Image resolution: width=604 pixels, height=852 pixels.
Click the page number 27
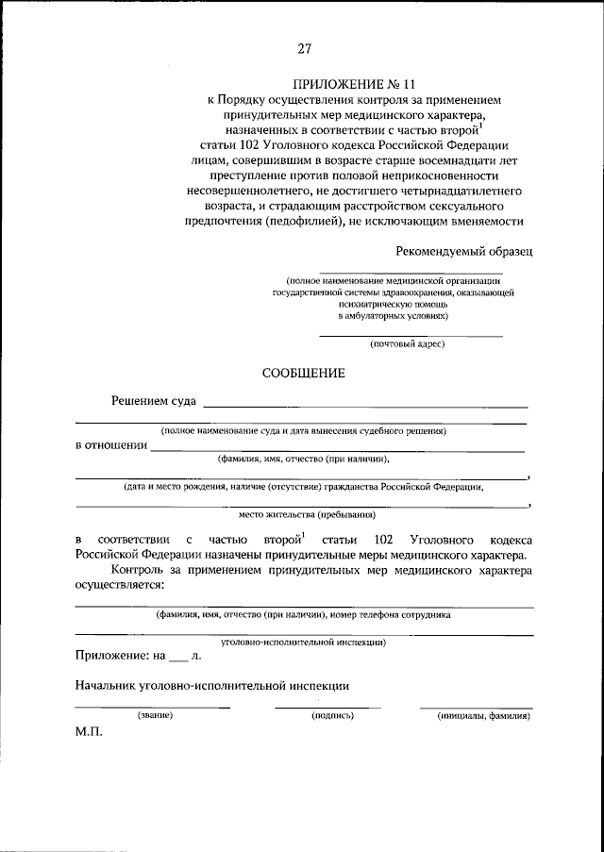coord(304,49)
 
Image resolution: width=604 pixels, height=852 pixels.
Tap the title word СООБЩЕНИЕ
coord(303,374)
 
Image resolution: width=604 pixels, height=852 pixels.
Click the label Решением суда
coord(153,403)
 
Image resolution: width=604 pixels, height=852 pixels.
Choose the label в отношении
coord(111,446)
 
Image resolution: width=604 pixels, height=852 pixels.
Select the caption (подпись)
coord(332,716)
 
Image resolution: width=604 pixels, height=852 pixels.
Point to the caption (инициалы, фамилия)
coord(483,716)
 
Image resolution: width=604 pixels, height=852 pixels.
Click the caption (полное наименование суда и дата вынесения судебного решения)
coord(303,430)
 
